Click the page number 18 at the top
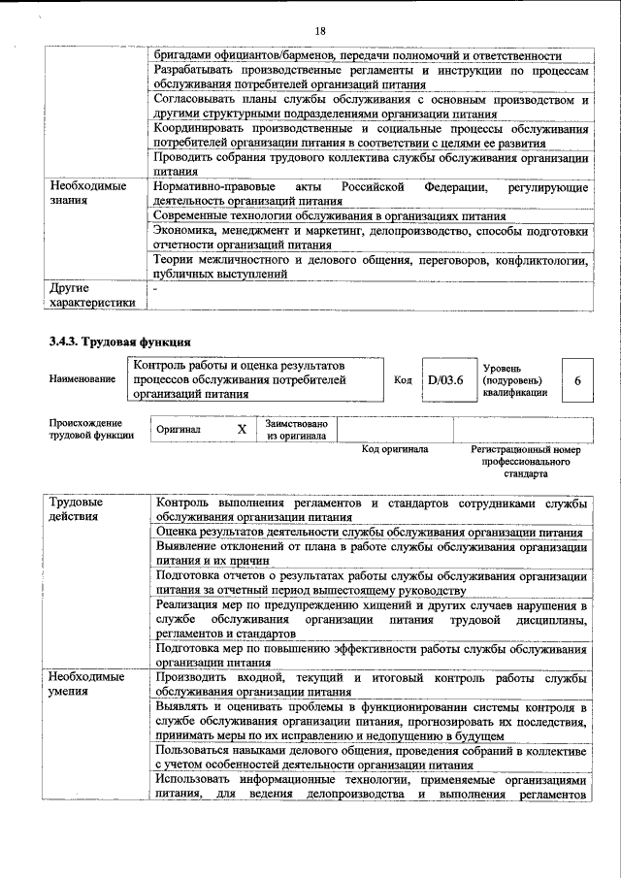coord(320,30)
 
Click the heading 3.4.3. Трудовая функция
coord(119,341)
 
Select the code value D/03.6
coord(445,380)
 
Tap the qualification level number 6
coord(577,380)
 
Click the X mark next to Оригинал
coord(242,428)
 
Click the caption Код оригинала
coord(395,449)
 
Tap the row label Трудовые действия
coord(77,509)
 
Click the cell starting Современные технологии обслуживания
coord(330,215)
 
